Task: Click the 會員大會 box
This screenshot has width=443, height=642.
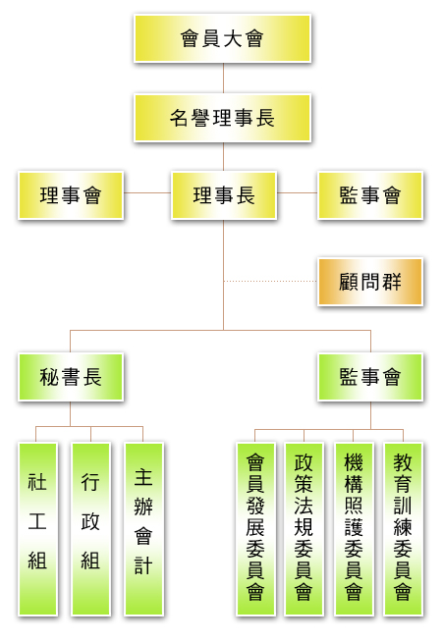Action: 223,38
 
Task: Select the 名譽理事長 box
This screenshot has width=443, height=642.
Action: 223,118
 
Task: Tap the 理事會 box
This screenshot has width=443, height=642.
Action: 71,195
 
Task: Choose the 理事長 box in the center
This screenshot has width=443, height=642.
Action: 224,195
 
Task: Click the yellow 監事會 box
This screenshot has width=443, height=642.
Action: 370,195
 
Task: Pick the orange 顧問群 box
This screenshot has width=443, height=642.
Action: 370,282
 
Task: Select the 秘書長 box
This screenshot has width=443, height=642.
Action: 71,377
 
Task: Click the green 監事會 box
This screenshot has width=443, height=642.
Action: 370,377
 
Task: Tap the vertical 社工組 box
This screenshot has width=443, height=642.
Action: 37,528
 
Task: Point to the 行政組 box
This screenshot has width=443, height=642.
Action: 90,528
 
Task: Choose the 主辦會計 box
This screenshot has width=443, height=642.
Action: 143,528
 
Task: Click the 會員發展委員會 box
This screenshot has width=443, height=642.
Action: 255,528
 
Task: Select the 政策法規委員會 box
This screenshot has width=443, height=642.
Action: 305,528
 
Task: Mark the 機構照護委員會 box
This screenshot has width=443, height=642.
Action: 354,528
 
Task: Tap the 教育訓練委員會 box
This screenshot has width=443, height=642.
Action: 403,528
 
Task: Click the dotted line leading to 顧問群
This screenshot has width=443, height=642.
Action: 270,282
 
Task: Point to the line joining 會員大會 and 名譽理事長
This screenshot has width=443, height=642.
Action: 223,79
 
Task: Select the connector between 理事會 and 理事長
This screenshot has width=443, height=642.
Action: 147,192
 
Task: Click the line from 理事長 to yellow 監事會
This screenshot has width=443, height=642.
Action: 297,192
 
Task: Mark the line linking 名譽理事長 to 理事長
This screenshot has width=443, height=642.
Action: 223,157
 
